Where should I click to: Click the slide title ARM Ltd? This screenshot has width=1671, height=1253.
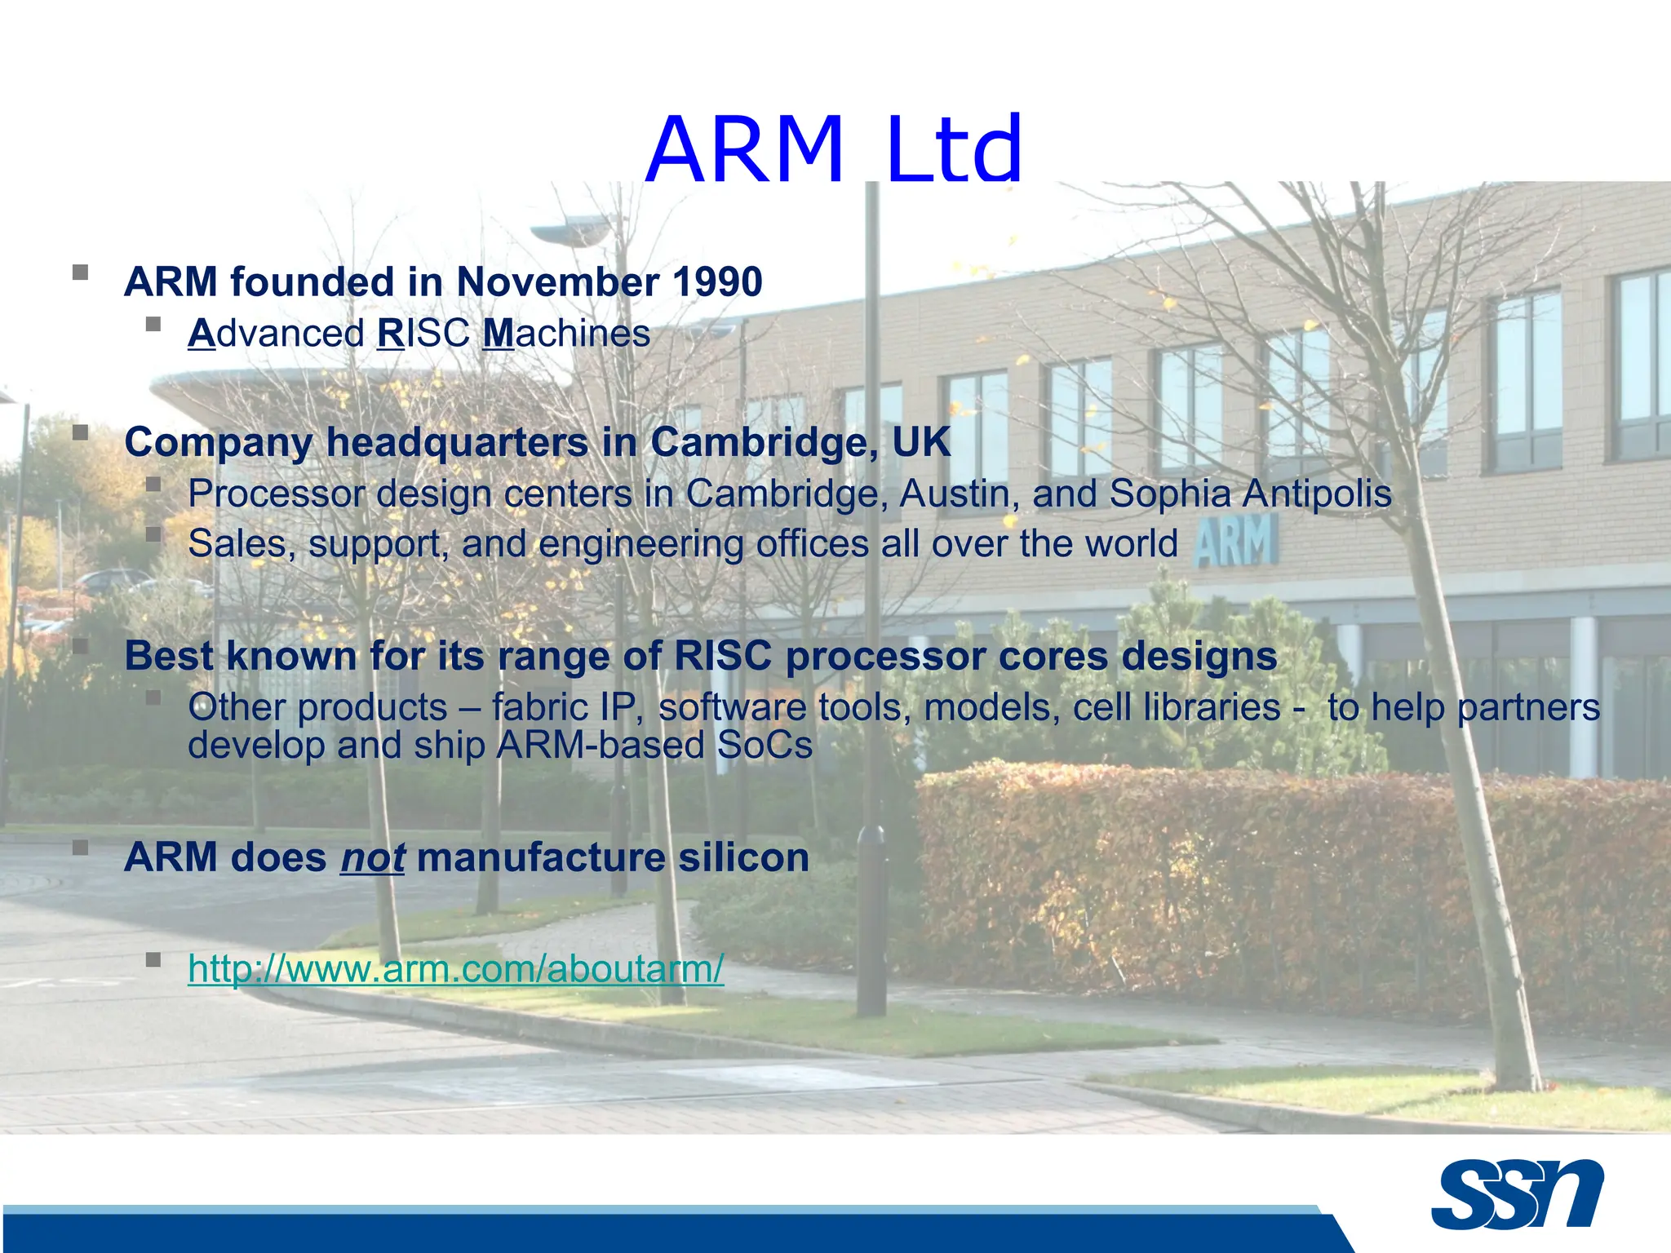[834, 150]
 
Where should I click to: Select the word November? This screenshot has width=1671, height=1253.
[558, 282]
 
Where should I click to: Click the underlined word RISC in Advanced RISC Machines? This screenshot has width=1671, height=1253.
[423, 334]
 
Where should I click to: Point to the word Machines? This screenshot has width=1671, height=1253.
[567, 334]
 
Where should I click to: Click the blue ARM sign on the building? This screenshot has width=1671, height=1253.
[1235, 542]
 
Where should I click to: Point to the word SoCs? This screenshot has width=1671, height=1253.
[765, 745]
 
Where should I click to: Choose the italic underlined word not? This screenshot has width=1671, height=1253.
[372, 858]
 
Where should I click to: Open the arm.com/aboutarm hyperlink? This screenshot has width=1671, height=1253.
[455, 969]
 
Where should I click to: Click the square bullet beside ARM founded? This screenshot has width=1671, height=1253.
[80, 272]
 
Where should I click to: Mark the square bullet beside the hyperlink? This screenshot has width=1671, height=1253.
[153, 959]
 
